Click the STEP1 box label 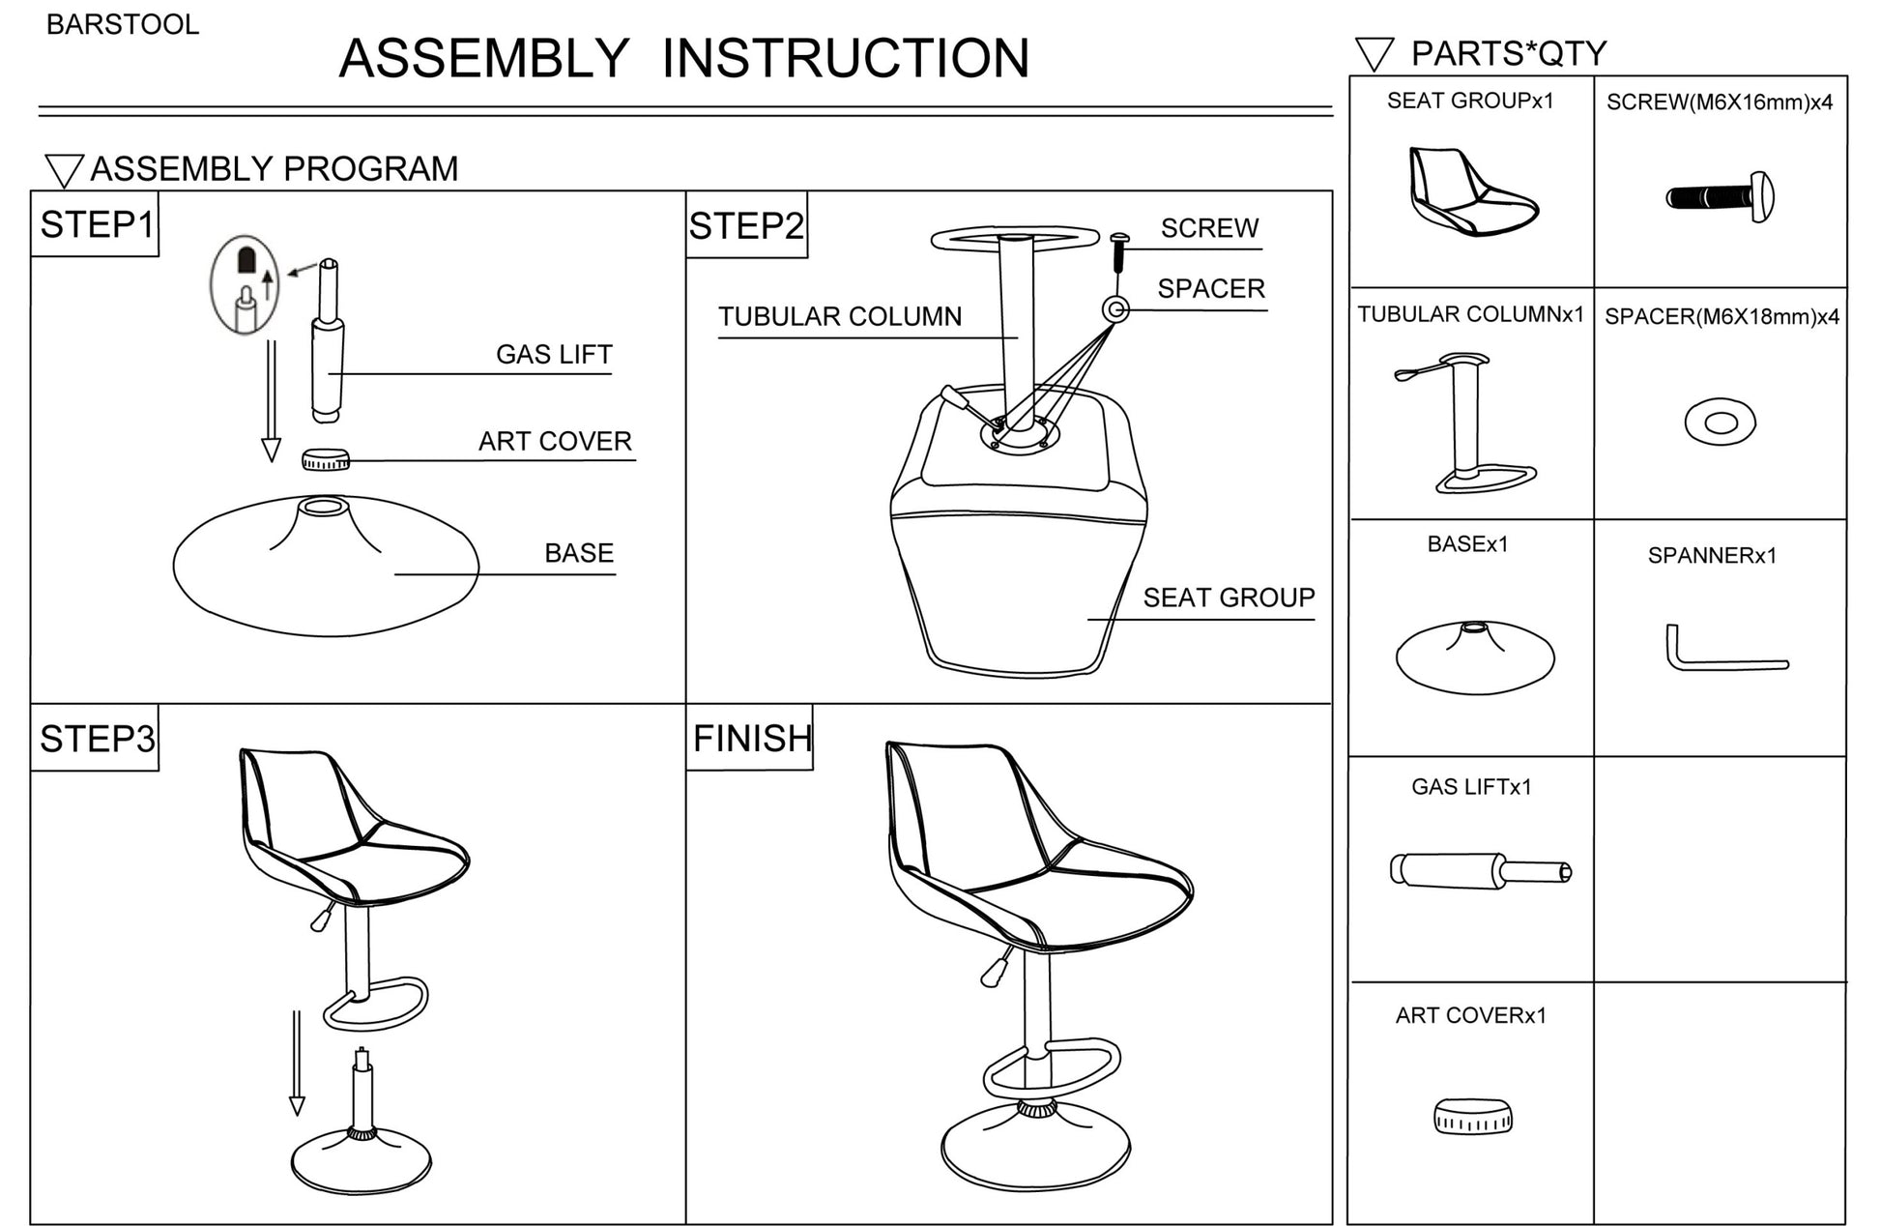(95, 224)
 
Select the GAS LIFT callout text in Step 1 (554, 355)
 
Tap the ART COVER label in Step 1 (555, 442)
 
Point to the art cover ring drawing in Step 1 (326, 459)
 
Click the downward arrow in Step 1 (271, 401)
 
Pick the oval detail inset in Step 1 (245, 284)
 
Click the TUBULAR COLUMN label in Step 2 (839, 317)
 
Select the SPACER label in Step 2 (1210, 289)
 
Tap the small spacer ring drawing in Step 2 (1116, 309)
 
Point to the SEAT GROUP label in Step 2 (1228, 598)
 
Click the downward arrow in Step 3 (297, 1064)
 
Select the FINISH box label (751, 739)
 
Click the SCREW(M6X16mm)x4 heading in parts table (1719, 102)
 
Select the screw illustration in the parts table (1720, 197)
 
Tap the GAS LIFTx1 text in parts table (1471, 787)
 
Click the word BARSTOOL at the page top (123, 25)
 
